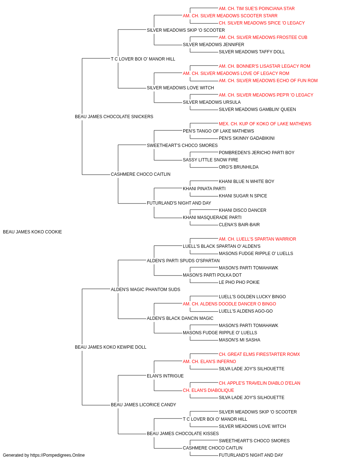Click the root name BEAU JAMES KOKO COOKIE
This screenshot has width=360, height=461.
[x=32, y=232]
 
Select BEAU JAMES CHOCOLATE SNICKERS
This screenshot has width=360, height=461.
[x=114, y=117]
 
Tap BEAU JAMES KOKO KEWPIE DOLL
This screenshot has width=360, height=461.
[x=111, y=347]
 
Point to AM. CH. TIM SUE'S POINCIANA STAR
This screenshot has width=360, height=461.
[x=257, y=9]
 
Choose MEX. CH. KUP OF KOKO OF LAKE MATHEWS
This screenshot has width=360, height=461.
[x=265, y=124]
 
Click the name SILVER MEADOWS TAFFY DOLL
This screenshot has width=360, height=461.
[x=252, y=52]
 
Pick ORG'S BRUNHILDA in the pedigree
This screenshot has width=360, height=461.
[x=239, y=167]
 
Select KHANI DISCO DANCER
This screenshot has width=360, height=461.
[x=242, y=210]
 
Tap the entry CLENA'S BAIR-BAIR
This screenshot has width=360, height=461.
[x=239, y=225]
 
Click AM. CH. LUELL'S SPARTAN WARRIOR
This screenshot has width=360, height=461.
[x=257, y=239]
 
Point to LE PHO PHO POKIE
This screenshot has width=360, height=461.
[x=239, y=282]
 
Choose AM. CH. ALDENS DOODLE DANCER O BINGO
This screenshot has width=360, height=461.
[x=229, y=304]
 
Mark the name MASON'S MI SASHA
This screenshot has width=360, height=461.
[x=239, y=340]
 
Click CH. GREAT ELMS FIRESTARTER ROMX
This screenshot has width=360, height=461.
[x=259, y=354]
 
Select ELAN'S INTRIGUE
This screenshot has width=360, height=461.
[x=165, y=376]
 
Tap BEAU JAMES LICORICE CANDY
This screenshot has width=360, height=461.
[x=143, y=405]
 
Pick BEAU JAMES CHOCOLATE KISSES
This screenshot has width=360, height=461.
[x=183, y=434]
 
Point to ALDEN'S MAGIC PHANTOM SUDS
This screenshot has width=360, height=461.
[x=145, y=290]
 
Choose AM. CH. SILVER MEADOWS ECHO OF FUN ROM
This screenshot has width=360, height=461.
[x=268, y=81]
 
